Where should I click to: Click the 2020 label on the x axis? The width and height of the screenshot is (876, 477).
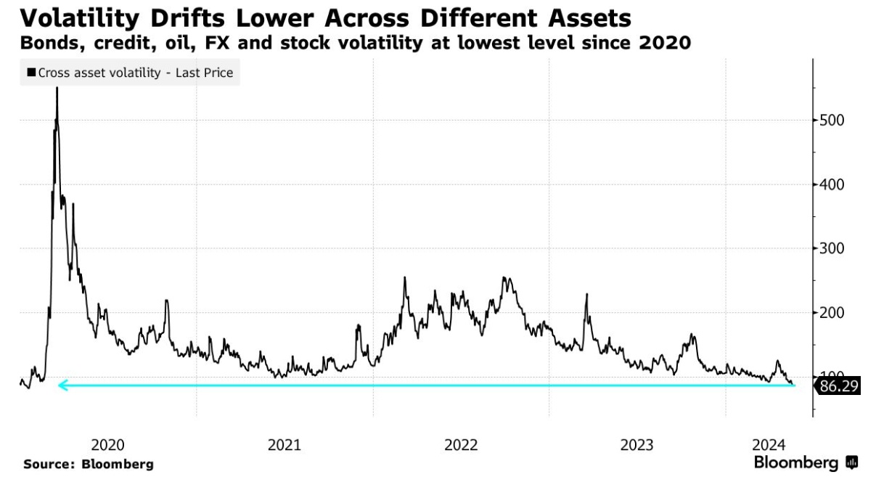point(109,444)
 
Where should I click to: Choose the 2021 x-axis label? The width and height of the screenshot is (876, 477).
point(285,444)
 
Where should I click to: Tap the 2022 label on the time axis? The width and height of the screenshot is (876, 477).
point(461,444)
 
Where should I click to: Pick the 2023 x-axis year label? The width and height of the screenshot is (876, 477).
point(637,444)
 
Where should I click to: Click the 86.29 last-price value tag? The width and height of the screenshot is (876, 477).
point(839,386)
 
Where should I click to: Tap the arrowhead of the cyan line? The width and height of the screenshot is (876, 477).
point(62,386)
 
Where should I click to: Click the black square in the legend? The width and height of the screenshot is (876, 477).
point(31,73)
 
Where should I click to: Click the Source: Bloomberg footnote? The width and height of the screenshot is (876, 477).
point(89,464)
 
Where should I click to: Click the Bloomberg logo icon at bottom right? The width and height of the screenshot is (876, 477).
point(852,462)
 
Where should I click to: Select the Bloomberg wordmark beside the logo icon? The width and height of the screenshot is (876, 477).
point(796,462)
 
